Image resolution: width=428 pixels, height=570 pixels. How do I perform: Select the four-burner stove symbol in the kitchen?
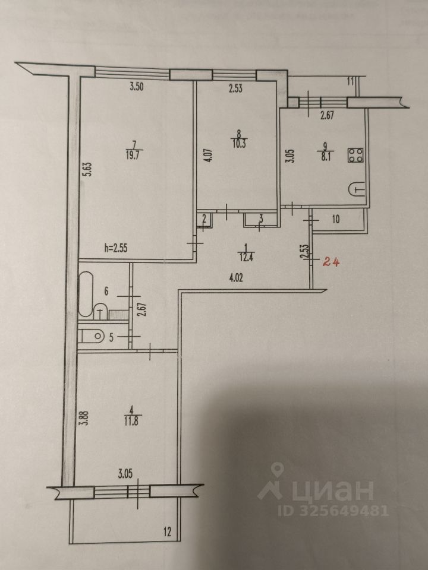(x=356, y=156)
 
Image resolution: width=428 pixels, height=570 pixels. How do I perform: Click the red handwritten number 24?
(x=332, y=261)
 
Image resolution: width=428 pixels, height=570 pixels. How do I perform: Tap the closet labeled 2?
(x=204, y=220)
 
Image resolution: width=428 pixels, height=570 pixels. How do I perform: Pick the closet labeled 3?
(x=260, y=219)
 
